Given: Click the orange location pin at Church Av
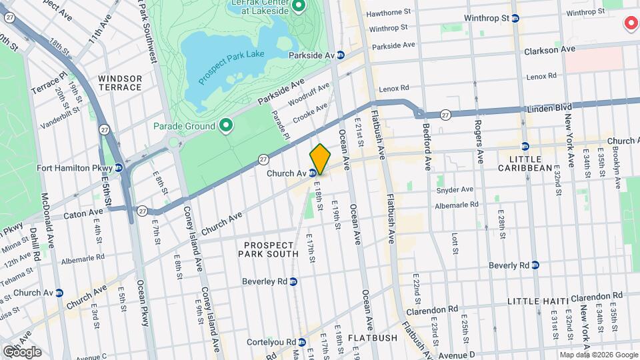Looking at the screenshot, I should [320, 158].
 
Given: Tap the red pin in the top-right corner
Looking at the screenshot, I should [630, 24].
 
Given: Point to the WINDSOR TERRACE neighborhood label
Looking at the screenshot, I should [120, 83].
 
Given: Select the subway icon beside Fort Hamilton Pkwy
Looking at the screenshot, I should [118, 167].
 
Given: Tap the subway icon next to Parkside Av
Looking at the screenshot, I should [341, 55].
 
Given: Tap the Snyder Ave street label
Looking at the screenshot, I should [454, 190].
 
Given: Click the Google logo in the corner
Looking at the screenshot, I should [22, 351].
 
